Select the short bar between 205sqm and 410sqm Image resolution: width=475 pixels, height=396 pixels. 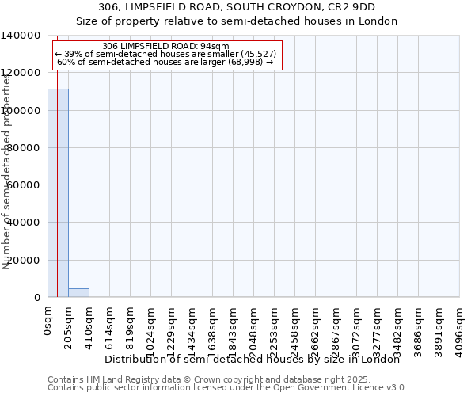(78, 292)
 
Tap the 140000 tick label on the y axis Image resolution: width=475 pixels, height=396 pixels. (21, 36)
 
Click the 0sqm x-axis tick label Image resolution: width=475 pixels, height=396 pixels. (48, 322)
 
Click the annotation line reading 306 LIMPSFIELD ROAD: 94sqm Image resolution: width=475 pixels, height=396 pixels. (166, 47)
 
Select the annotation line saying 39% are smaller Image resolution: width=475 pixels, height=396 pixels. (165, 54)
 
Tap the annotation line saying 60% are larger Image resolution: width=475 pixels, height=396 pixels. (165, 62)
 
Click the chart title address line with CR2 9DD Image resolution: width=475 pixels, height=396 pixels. (237, 7)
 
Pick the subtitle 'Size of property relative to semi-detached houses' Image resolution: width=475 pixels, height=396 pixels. (237, 21)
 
